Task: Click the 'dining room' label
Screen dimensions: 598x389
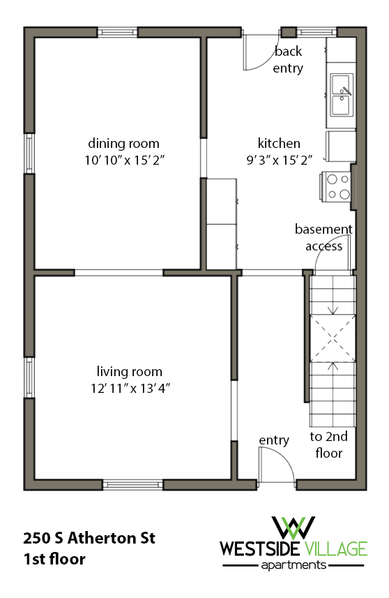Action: [x=123, y=144]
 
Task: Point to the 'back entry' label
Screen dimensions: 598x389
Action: [x=288, y=59]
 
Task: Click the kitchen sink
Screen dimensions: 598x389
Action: [x=341, y=94]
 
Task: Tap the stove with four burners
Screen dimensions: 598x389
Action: [x=337, y=186]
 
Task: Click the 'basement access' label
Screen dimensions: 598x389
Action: [x=323, y=237]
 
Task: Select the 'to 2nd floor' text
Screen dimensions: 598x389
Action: [x=328, y=444]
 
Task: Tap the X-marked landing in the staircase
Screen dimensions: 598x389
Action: [x=333, y=338]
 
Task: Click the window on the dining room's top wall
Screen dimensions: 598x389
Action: [x=117, y=31]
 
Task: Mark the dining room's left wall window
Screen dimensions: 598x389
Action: [x=29, y=153]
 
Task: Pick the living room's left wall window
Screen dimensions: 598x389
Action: [x=29, y=378]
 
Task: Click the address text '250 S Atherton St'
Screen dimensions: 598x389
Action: [x=89, y=538]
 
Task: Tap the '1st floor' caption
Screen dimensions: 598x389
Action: [x=54, y=559]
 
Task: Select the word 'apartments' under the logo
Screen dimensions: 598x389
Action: [x=293, y=565]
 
